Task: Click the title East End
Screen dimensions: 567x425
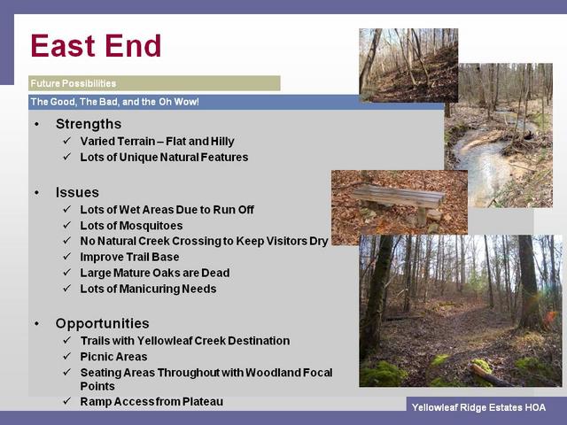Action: (x=96, y=45)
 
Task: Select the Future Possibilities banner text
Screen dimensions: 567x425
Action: (x=73, y=83)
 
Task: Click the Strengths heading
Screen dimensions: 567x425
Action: (x=89, y=124)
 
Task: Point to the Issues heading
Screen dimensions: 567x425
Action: (x=77, y=192)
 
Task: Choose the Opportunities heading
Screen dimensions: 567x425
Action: (x=103, y=323)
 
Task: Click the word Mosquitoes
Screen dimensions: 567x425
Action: (x=151, y=226)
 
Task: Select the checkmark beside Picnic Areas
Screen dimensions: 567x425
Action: (x=67, y=356)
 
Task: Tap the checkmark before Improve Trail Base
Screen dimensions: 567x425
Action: (x=67, y=256)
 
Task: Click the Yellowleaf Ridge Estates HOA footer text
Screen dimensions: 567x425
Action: (x=478, y=407)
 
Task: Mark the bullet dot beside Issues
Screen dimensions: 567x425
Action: (x=37, y=193)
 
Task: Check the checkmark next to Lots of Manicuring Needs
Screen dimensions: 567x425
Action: (x=67, y=288)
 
